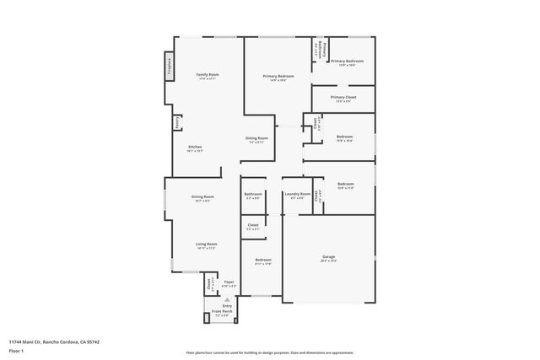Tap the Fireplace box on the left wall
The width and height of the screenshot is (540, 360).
pyautogui.click(x=169, y=67)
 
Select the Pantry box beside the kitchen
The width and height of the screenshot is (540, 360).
pyautogui.click(x=176, y=122)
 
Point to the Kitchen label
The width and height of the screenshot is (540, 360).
pyautogui.click(x=195, y=147)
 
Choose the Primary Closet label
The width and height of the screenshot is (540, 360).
pyautogui.click(x=343, y=97)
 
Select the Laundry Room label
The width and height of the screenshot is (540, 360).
pyautogui.click(x=297, y=194)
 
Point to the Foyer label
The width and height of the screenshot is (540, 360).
pyautogui.click(x=228, y=282)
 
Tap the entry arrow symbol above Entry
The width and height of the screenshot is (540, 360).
pyautogui.click(x=227, y=298)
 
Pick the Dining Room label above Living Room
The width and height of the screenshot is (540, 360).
pyautogui.click(x=203, y=196)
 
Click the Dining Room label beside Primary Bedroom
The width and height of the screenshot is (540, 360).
pyautogui.click(x=256, y=137)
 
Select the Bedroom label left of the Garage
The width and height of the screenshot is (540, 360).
pyautogui.click(x=263, y=260)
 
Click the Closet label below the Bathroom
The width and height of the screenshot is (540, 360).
pyautogui.click(x=253, y=225)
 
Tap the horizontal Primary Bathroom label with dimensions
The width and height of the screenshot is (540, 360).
pyautogui.click(x=347, y=61)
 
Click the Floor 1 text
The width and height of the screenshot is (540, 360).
pyautogui.click(x=17, y=350)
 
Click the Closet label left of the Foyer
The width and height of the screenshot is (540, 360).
pyautogui.click(x=210, y=284)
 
